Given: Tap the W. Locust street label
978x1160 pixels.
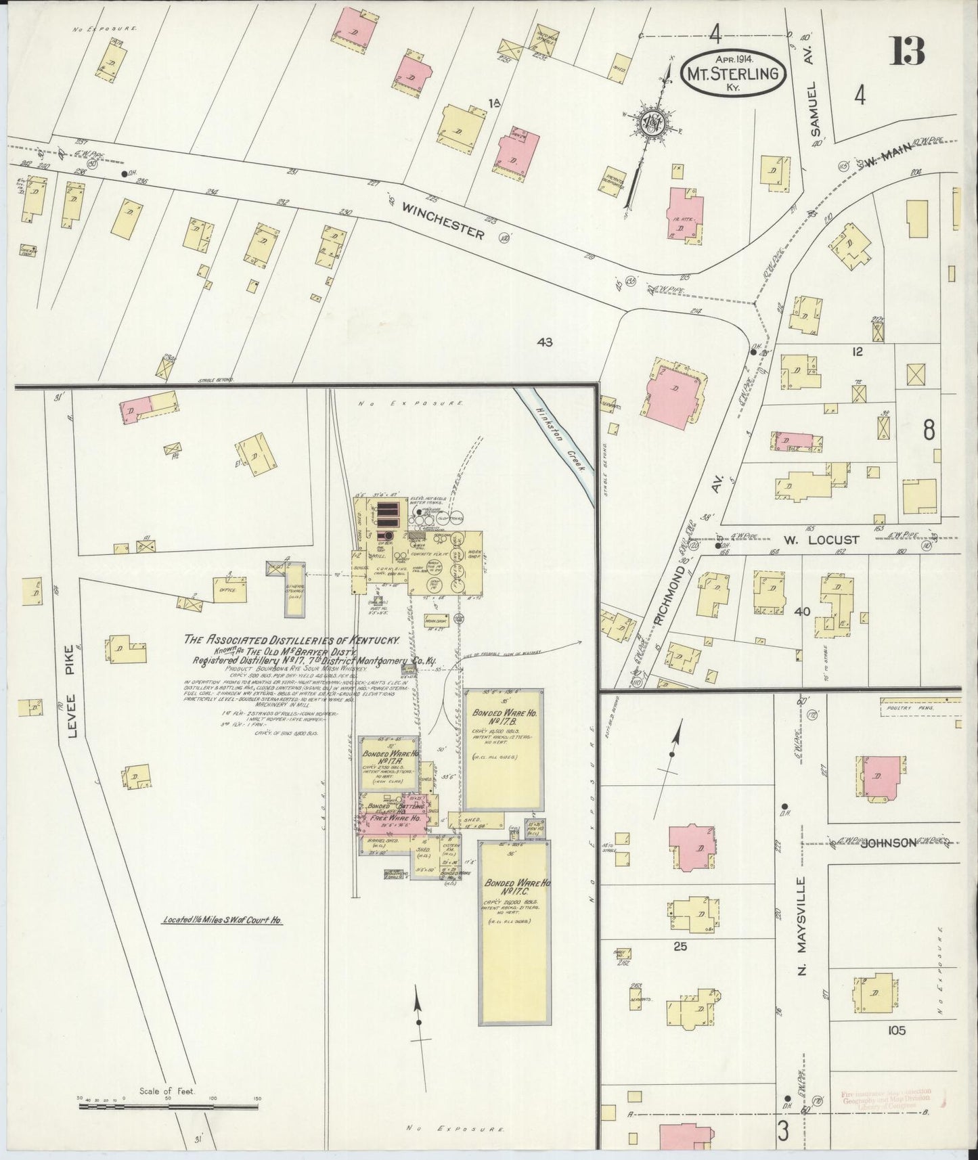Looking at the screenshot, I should click(x=822, y=539).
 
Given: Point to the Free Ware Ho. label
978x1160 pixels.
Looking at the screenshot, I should click(x=397, y=818).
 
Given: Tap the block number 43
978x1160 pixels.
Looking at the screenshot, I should click(x=544, y=342).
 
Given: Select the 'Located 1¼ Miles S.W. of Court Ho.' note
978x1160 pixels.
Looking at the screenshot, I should click(x=223, y=920).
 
